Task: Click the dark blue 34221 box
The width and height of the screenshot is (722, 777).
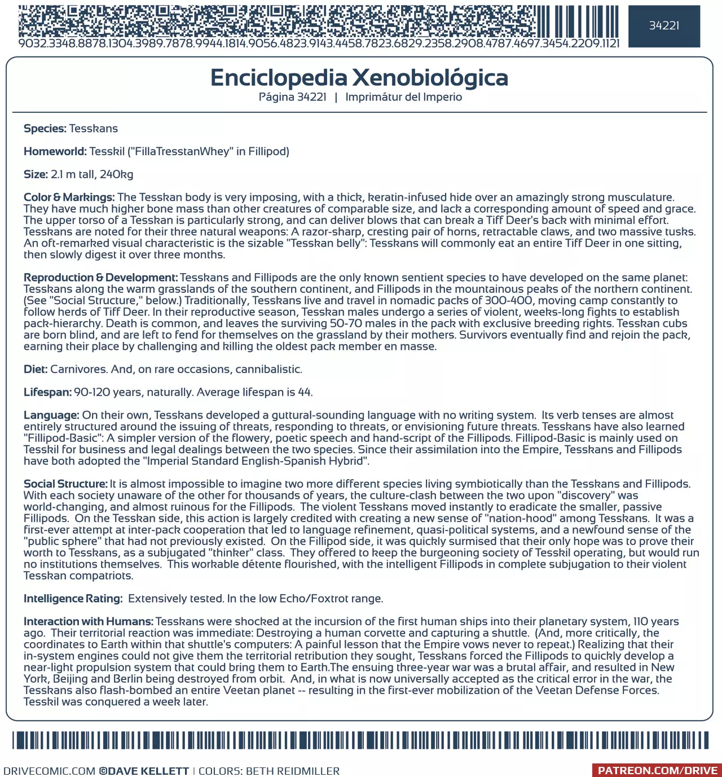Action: pos(664,26)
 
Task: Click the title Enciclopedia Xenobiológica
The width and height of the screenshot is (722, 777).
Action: pos(359,78)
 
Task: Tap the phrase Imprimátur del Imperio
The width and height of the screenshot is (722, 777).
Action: pos(403,97)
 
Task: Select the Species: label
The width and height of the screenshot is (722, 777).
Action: pos(45,129)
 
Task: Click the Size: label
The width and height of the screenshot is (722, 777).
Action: pos(36,174)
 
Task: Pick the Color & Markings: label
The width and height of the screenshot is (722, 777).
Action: pos(69,197)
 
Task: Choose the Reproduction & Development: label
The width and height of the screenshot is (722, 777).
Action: pos(100,278)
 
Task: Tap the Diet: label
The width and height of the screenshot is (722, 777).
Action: pos(36,370)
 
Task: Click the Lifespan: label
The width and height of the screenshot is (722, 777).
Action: pos(47,392)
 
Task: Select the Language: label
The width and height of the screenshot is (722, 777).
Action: pos(51,415)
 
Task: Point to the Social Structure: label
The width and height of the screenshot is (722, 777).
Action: pos(65,484)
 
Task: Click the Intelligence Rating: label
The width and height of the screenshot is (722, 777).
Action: pos(73,599)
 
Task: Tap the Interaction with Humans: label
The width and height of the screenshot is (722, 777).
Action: pos(89,622)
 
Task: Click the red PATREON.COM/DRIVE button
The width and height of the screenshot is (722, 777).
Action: pos(657,771)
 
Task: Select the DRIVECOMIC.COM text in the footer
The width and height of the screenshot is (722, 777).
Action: pos(49,771)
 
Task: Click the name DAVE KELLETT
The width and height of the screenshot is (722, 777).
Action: pos(148,771)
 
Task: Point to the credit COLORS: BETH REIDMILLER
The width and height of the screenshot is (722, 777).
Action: pos(269,771)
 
